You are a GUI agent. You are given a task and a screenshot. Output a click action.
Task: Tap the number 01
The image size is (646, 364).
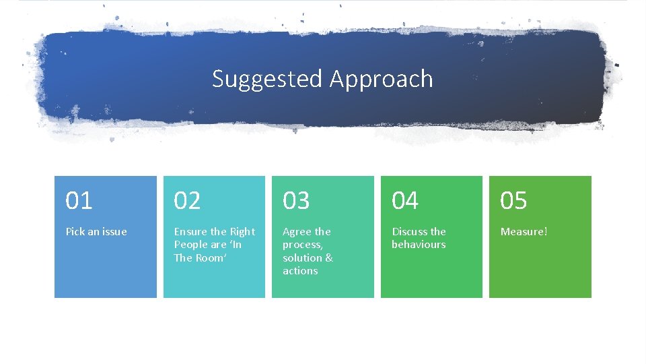click(79, 201)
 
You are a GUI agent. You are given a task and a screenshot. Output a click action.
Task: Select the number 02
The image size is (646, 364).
click(188, 201)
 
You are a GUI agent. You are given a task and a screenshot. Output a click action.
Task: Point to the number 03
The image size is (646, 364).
click(296, 201)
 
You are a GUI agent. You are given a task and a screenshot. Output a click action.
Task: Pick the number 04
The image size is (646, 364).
click(405, 201)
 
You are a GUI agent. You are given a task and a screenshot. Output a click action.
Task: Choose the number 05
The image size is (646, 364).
click(513, 201)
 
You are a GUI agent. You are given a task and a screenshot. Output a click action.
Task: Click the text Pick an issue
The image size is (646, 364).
click(96, 232)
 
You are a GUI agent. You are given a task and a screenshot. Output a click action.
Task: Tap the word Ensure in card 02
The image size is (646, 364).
click(191, 232)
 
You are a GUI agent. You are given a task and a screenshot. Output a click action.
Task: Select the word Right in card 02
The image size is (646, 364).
click(242, 232)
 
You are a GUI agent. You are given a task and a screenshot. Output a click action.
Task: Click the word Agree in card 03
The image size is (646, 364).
click(297, 232)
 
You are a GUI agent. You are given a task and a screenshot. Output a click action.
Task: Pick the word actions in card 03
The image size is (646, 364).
click(300, 271)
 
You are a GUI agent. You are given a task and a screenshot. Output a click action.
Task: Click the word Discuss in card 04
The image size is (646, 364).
click(410, 232)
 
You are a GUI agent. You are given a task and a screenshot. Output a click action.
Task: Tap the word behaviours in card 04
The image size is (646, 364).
click(419, 245)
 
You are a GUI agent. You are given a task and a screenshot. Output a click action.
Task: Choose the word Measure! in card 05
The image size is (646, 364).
click(524, 232)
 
